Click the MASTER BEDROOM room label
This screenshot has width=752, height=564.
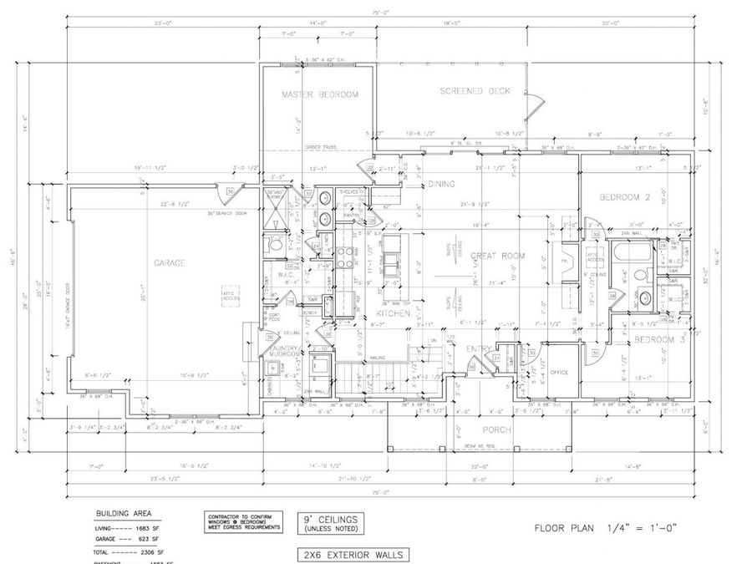pos(319,94)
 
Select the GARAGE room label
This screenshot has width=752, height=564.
pos(169,262)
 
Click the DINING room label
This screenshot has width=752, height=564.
pos(441,184)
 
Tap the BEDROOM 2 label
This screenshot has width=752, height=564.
pos(624,197)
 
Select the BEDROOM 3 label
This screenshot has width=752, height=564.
pos(659,339)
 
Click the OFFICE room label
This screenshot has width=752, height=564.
pos(559,373)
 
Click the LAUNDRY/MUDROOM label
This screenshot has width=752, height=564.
pos(286,351)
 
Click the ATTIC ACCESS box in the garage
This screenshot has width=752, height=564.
pos(229,293)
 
